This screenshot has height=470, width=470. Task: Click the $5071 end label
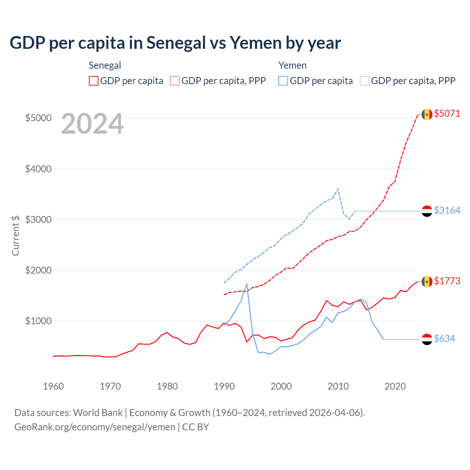pyautogui.click(x=447, y=113)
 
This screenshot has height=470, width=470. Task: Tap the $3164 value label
pyautogui.click(x=447, y=210)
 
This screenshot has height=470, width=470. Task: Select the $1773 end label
pyautogui.click(x=447, y=281)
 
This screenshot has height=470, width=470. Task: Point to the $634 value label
pyautogui.click(x=444, y=339)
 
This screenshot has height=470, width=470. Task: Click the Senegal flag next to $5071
pyautogui.click(x=427, y=114)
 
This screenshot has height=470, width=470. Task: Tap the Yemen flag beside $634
pyautogui.click(x=427, y=339)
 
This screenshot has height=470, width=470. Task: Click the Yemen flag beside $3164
pyautogui.click(x=427, y=211)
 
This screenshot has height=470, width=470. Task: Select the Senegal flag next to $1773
pyautogui.click(x=427, y=282)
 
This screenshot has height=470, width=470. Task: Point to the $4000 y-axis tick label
pyautogui.click(x=38, y=169)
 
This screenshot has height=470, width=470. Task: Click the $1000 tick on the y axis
pyautogui.click(x=38, y=321)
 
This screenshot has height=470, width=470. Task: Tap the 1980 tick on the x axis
pyautogui.click(x=167, y=386)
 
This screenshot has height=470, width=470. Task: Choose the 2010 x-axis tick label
pyautogui.click(x=338, y=386)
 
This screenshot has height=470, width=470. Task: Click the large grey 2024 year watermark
pyautogui.click(x=92, y=124)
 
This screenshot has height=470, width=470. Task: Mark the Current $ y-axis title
pyautogui.click(x=15, y=235)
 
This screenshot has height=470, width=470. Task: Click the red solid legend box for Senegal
pyautogui.click(x=94, y=81)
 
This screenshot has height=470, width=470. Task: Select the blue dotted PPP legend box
pyautogui.click(x=365, y=81)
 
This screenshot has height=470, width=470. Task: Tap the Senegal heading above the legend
pyautogui.click(x=105, y=65)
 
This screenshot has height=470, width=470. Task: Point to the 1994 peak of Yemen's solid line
pyautogui.click(x=247, y=284)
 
